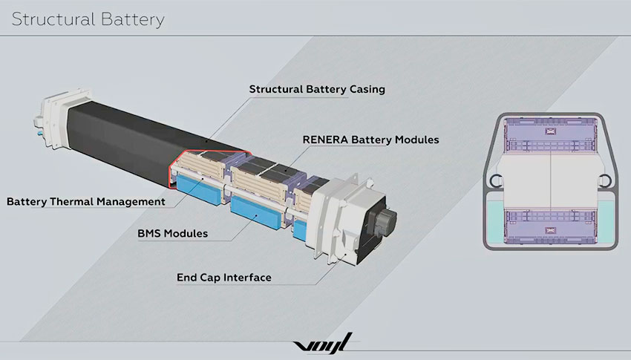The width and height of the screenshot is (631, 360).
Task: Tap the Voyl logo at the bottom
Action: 323,343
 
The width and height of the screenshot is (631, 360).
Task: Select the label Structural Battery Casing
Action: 317,89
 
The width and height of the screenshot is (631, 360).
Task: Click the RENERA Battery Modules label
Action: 370,140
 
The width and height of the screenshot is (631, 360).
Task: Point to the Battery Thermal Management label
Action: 86,201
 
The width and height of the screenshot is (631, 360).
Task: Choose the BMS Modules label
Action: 173,233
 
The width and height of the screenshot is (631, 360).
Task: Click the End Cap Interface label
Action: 223,278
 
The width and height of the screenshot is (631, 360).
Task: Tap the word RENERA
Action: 325,140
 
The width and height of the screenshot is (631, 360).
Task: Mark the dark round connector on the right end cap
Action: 385,221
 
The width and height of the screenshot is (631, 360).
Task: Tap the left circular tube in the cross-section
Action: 496,180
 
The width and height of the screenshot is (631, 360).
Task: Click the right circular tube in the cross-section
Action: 604,180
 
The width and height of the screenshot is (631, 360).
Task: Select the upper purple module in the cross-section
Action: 549,135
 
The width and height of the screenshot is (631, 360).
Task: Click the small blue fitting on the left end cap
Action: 39,132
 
